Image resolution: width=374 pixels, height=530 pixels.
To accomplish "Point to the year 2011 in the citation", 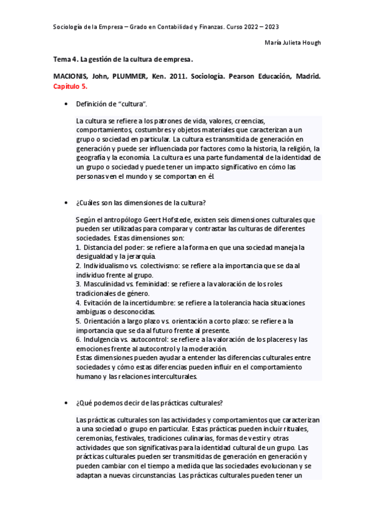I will [186, 76].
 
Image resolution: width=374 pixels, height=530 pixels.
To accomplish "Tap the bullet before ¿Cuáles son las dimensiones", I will [66, 204].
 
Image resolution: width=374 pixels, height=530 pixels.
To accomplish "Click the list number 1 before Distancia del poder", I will [77, 247].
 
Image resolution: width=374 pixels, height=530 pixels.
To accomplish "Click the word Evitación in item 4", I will [99, 302].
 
